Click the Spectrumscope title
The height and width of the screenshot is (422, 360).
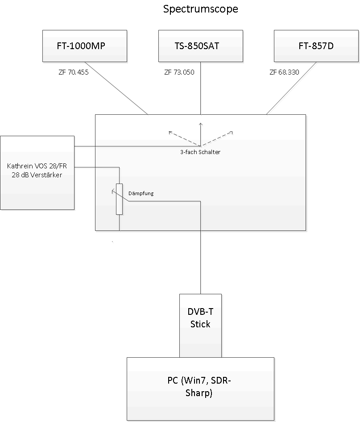[201, 9]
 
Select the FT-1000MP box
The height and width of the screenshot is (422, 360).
[85, 46]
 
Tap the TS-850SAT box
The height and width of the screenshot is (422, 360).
[201, 46]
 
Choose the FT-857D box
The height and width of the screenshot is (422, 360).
[316, 46]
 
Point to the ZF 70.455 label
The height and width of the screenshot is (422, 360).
[74, 72]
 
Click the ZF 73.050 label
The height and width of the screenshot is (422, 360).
[179, 72]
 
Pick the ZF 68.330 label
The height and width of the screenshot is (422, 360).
[285, 72]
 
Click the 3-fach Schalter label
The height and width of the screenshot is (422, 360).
[200, 152]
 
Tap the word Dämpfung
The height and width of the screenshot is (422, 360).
[141, 193]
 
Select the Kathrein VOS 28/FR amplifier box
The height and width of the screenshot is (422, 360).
[37, 173]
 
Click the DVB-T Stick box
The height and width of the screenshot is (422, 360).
[201, 326]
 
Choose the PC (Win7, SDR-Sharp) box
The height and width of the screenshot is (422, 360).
[201, 389]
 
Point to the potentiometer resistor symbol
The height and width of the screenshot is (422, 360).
[120, 199]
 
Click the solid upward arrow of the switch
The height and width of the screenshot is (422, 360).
[201, 134]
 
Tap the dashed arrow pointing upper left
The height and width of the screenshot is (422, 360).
[184, 139]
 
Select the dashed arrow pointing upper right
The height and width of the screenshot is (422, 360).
[217, 139]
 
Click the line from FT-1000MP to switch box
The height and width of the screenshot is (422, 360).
[116, 88]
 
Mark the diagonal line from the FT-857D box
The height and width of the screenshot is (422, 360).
[291, 88]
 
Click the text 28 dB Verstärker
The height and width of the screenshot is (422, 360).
[37, 175]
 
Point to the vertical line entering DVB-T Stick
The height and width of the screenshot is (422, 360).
[201, 247]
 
